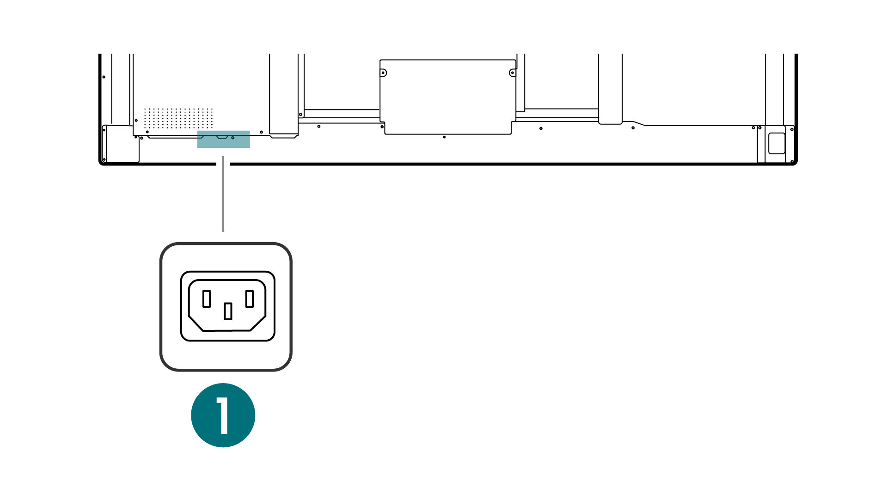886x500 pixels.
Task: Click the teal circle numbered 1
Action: [x=223, y=415]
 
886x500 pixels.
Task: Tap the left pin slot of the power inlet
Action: [x=207, y=299]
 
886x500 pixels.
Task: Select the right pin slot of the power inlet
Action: [x=250, y=299]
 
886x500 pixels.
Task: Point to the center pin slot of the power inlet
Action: [x=228, y=311]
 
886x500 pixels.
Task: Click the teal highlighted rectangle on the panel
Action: [x=224, y=139]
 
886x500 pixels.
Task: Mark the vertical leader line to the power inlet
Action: [x=223, y=194]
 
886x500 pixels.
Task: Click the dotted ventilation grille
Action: [x=178, y=118]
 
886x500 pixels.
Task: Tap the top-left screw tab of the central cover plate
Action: [x=383, y=73]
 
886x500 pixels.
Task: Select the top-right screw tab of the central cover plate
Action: [x=512, y=73]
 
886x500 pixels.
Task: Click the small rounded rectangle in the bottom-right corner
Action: [x=776, y=143]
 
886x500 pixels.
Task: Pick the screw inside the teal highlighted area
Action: [x=233, y=138]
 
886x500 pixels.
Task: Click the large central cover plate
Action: [x=447, y=97]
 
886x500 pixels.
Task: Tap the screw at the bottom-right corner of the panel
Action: [x=792, y=162]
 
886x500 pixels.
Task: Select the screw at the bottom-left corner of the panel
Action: [x=104, y=160]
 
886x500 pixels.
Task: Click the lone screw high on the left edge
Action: [x=104, y=77]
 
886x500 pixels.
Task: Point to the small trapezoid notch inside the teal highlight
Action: [x=222, y=137]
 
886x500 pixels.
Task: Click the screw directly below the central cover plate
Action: [x=444, y=137]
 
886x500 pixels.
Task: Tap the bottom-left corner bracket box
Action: [x=120, y=144]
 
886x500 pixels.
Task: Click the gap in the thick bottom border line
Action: [x=223, y=164]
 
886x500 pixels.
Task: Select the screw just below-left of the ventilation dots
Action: [x=147, y=132]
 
